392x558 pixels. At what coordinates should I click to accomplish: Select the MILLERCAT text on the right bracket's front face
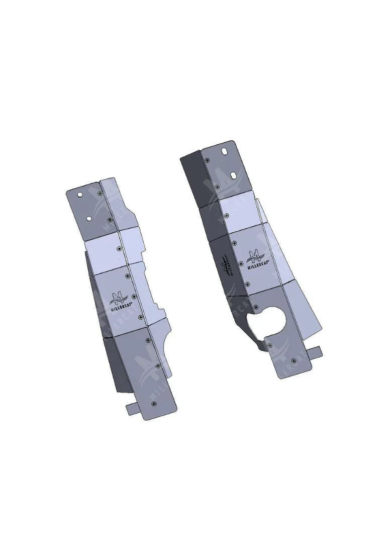click(257, 262)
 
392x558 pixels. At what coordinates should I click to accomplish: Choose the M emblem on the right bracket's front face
click(256, 253)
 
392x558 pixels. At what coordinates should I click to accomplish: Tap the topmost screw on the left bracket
click(101, 193)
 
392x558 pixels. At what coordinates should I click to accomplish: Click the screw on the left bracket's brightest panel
click(119, 248)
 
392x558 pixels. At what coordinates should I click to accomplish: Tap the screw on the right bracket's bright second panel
click(227, 216)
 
